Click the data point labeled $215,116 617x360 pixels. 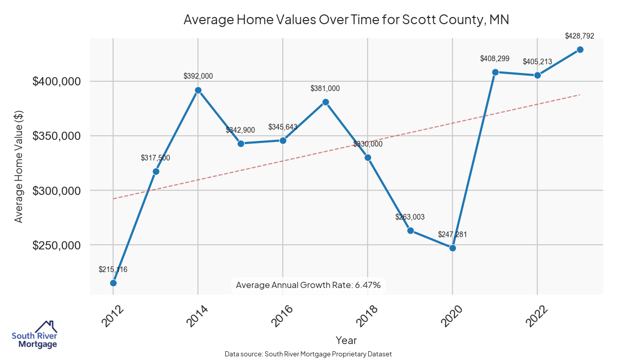pyautogui.click(x=113, y=283)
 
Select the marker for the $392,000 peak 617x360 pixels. pyautogui.click(x=198, y=91)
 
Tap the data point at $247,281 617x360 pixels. pyautogui.click(x=452, y=248)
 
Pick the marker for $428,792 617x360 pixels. pyautogui.click(x=580, y=49)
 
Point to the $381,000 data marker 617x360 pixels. pyautogui.click(x=325, y=102)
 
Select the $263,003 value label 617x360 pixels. pyautogui.click(x=410, y=217)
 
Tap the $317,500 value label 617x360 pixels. pyautogui.click(x=155, y=158)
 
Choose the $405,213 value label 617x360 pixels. pyautogui.click(x=537, y=62)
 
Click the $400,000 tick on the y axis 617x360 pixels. pyautogui.click(x=57, y=81)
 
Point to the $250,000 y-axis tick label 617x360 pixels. pyautogui.click(x=57, y=245)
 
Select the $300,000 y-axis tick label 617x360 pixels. pyautogui.click(x=57, y=191)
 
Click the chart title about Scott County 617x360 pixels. pyautogui.click(x=346, y=20)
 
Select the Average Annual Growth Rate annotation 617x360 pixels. pyautogui.click(x=308, y=285)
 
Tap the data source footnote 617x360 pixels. pyautogui.click(x=308, y=354)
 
